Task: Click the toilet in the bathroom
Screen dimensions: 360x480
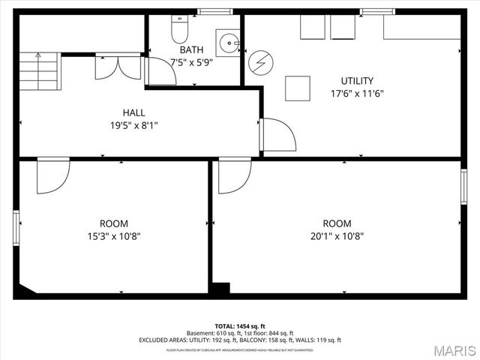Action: pos(179,30)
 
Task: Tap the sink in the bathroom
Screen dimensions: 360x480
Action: pos(227,42)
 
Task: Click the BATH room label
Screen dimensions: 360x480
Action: pos(191,50)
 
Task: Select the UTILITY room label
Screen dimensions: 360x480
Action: pos(357,81)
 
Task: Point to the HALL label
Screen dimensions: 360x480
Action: pos(133,113)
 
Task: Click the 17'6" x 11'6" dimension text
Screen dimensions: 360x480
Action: pos(357,94)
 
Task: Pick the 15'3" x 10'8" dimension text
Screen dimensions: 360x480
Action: pos(114,236)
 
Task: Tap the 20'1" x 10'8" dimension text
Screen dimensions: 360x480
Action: pos(337,236)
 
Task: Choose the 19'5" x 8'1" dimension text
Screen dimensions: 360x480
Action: pos(133,126)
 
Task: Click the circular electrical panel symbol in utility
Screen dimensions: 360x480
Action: pos(259,60)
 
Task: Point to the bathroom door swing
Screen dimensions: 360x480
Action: pos(158,70)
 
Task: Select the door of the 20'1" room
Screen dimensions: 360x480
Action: pos(233,175)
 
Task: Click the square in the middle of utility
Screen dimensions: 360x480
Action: pos(298,88)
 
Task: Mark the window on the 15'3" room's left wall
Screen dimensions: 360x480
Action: pos(16,229)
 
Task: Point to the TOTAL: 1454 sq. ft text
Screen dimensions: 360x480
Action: pos(240,326)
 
